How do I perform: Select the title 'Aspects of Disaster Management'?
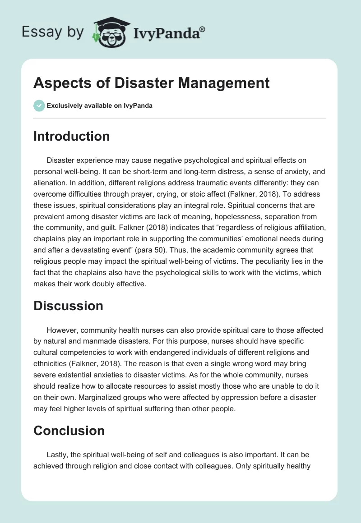[152, 83]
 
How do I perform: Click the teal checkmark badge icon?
[39, 106]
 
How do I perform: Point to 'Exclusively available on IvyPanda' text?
[100, 106]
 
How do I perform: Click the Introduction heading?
[71, 136]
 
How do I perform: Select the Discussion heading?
[68, 306]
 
